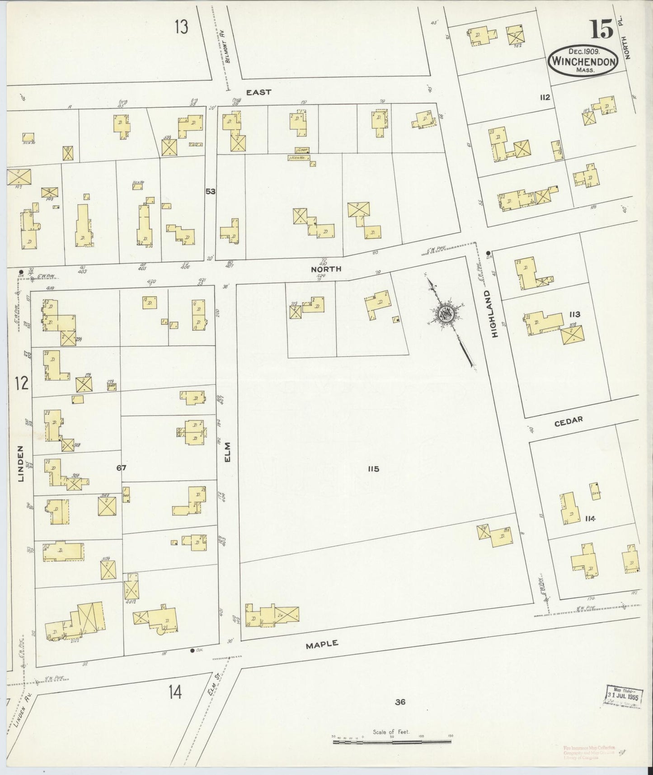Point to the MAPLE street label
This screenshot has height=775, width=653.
pos(322,644)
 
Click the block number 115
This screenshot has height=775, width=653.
pos(373,469)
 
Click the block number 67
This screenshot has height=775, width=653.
pos(121,468)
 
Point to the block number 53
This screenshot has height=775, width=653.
pos(210,191)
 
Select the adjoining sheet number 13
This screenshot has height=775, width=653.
pos(182,27)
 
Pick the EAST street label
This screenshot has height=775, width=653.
pos(258,92)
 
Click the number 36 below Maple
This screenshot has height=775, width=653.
pos(399,702)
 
